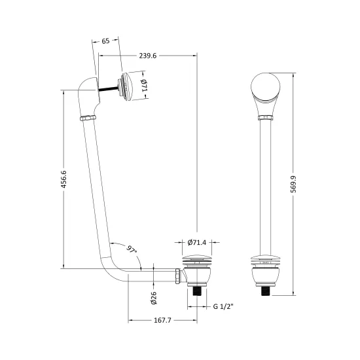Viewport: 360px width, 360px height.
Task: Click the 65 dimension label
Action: pos(105,41)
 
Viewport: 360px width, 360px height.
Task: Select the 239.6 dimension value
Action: pos(148,56)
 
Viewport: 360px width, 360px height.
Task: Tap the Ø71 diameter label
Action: pos(144,85)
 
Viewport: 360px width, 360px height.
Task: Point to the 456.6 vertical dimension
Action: pos(63,179)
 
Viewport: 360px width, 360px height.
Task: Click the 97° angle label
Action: pos(132,250)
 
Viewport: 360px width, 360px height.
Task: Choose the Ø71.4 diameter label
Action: pos(197,242)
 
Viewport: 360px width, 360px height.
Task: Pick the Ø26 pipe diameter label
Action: pos(154,298)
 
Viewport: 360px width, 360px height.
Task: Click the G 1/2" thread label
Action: pos(223,306)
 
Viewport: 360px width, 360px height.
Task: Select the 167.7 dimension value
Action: pos(162,320)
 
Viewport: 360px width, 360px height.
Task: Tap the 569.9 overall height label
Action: pos(293,184)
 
